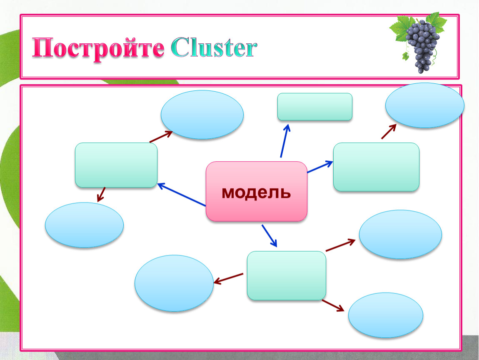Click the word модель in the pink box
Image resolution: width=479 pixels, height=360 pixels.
click(256, 192)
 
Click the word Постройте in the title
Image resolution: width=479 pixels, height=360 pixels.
click(98, 49)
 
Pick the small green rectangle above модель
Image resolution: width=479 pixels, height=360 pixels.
click(315, 107)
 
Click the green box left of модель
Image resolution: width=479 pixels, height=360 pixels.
click(116, 165)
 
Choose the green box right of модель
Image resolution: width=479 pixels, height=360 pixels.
click(376, 167)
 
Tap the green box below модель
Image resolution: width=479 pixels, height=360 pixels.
click(287, 275)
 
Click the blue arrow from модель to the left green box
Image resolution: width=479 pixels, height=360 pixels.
click(182, 195)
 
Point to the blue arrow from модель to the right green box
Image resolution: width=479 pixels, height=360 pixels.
click(320, 167)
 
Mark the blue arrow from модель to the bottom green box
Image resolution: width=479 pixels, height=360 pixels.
click(269, 235)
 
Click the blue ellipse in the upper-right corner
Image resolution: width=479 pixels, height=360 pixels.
click(424, 105)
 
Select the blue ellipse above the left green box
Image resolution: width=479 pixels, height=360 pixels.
click(202, 115)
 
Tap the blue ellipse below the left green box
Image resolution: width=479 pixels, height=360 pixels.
click(84, 225)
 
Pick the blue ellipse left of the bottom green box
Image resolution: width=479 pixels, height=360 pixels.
click(174, 283)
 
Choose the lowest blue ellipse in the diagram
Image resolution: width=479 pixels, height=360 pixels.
click(386, 315)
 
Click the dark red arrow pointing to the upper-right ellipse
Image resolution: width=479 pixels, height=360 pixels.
click(388, 132)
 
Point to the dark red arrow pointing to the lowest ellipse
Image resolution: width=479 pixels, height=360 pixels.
click(333, 305)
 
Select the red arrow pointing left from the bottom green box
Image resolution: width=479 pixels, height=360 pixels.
click(228, 279)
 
